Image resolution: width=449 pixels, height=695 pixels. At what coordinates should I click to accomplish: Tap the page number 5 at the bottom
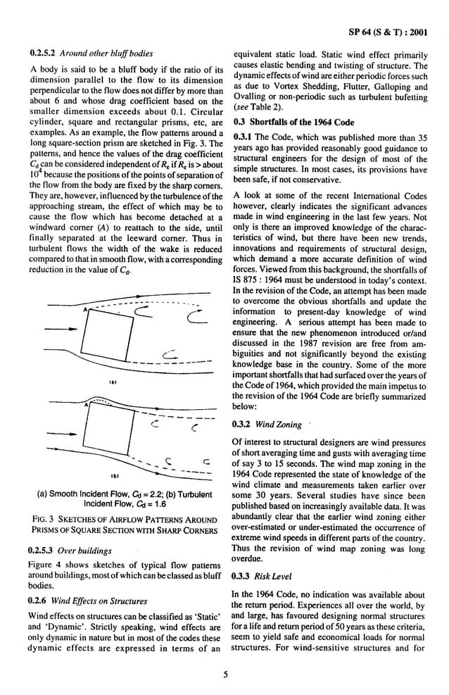click(x=225, y=675)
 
